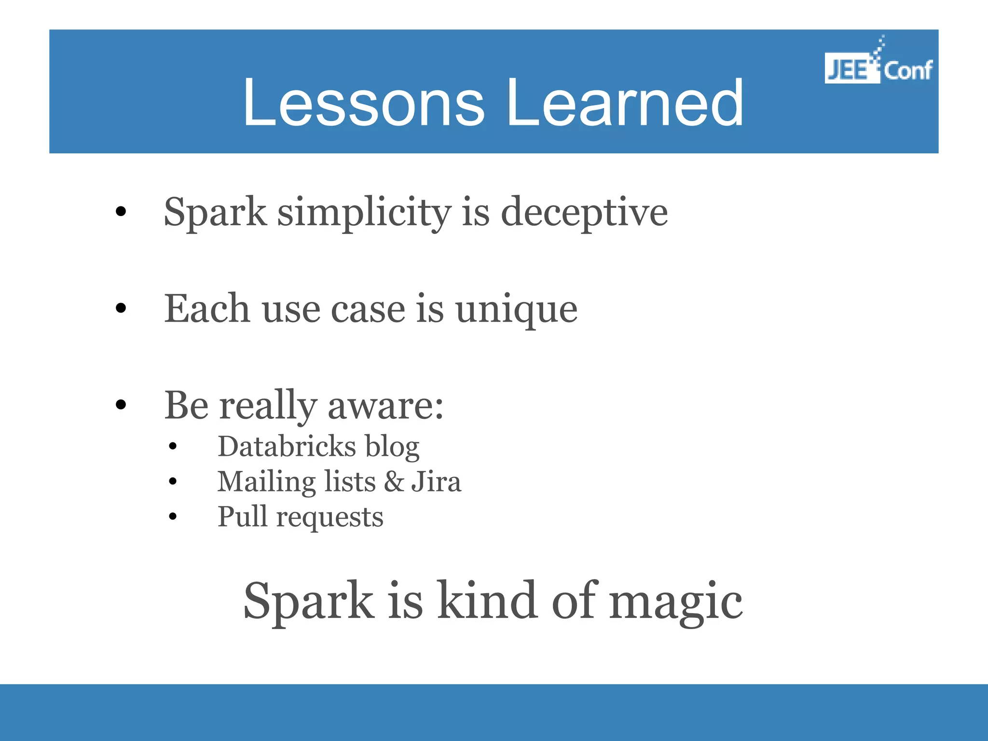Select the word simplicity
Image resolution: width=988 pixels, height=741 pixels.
point(364,213)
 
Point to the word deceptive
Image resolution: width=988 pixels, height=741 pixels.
point(584,213)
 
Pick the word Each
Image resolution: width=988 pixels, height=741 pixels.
point(207,308)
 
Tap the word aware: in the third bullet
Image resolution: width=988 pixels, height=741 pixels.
point(385,406)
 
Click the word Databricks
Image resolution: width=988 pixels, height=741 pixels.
point(287,446)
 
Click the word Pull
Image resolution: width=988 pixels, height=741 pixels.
point(242,516)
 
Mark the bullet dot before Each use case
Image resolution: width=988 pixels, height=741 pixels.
point(121,308)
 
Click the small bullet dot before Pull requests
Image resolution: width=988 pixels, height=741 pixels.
point(173,517)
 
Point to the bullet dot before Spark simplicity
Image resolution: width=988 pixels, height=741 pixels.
point(121,211)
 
